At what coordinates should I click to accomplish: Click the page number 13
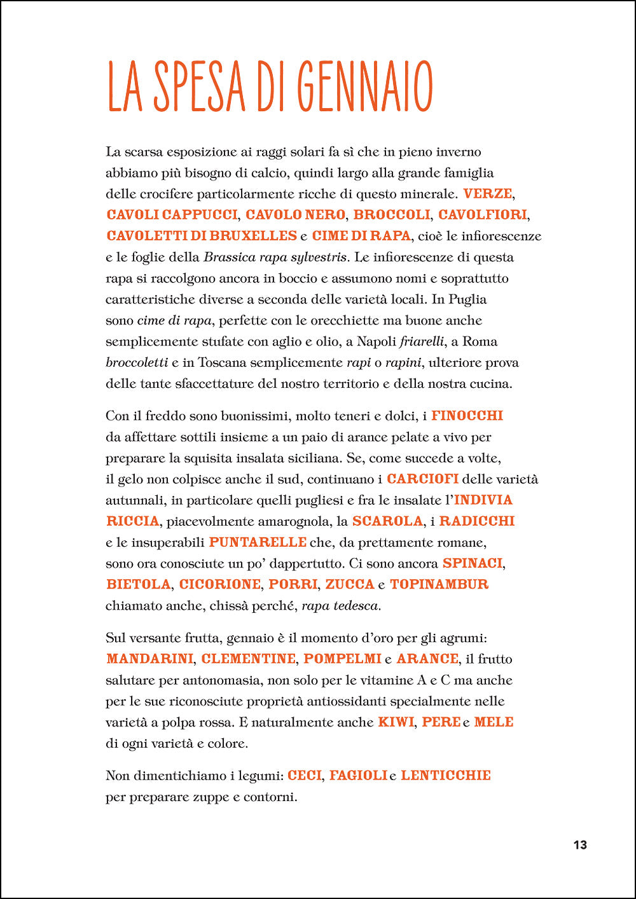(580, 845)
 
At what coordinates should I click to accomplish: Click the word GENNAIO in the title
(364, 86)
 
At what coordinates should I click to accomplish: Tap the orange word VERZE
(487, 193)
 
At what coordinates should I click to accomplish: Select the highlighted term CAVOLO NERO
(295, 215)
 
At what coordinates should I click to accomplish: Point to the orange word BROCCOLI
(392, 215)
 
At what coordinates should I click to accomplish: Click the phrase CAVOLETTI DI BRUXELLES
(202, 236)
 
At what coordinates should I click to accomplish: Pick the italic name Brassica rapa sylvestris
(275, 257)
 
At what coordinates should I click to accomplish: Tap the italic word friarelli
(422, 341)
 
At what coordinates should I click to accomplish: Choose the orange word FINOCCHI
(467, 416)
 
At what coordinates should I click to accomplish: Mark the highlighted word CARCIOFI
(422, 479)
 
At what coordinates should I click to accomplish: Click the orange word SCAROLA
(387, 521)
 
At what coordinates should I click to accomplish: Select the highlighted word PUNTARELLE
(258, 542)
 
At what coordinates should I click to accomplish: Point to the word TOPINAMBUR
(439, 584)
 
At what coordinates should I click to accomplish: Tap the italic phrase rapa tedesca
(340, 606)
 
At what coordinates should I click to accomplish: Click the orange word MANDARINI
(150, 659)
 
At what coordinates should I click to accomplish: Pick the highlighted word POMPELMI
(342, 659)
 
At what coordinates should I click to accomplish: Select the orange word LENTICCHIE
(446, 776)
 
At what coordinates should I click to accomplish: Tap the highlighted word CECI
(305, 776)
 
